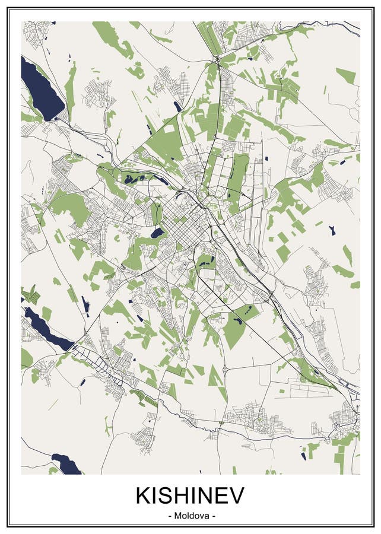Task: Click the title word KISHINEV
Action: pyautogui.click(x=190, y=495)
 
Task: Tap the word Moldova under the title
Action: pyautogui.click(x=190, y=516)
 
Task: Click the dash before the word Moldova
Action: pyautogui.click(x=171, y=516)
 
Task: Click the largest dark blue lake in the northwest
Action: pyautogui.click(x=42, y=89)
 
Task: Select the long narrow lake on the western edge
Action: pyautogui.click(x=47, y=329)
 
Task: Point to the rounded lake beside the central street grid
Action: pyautogui.click(x=157, y=233)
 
